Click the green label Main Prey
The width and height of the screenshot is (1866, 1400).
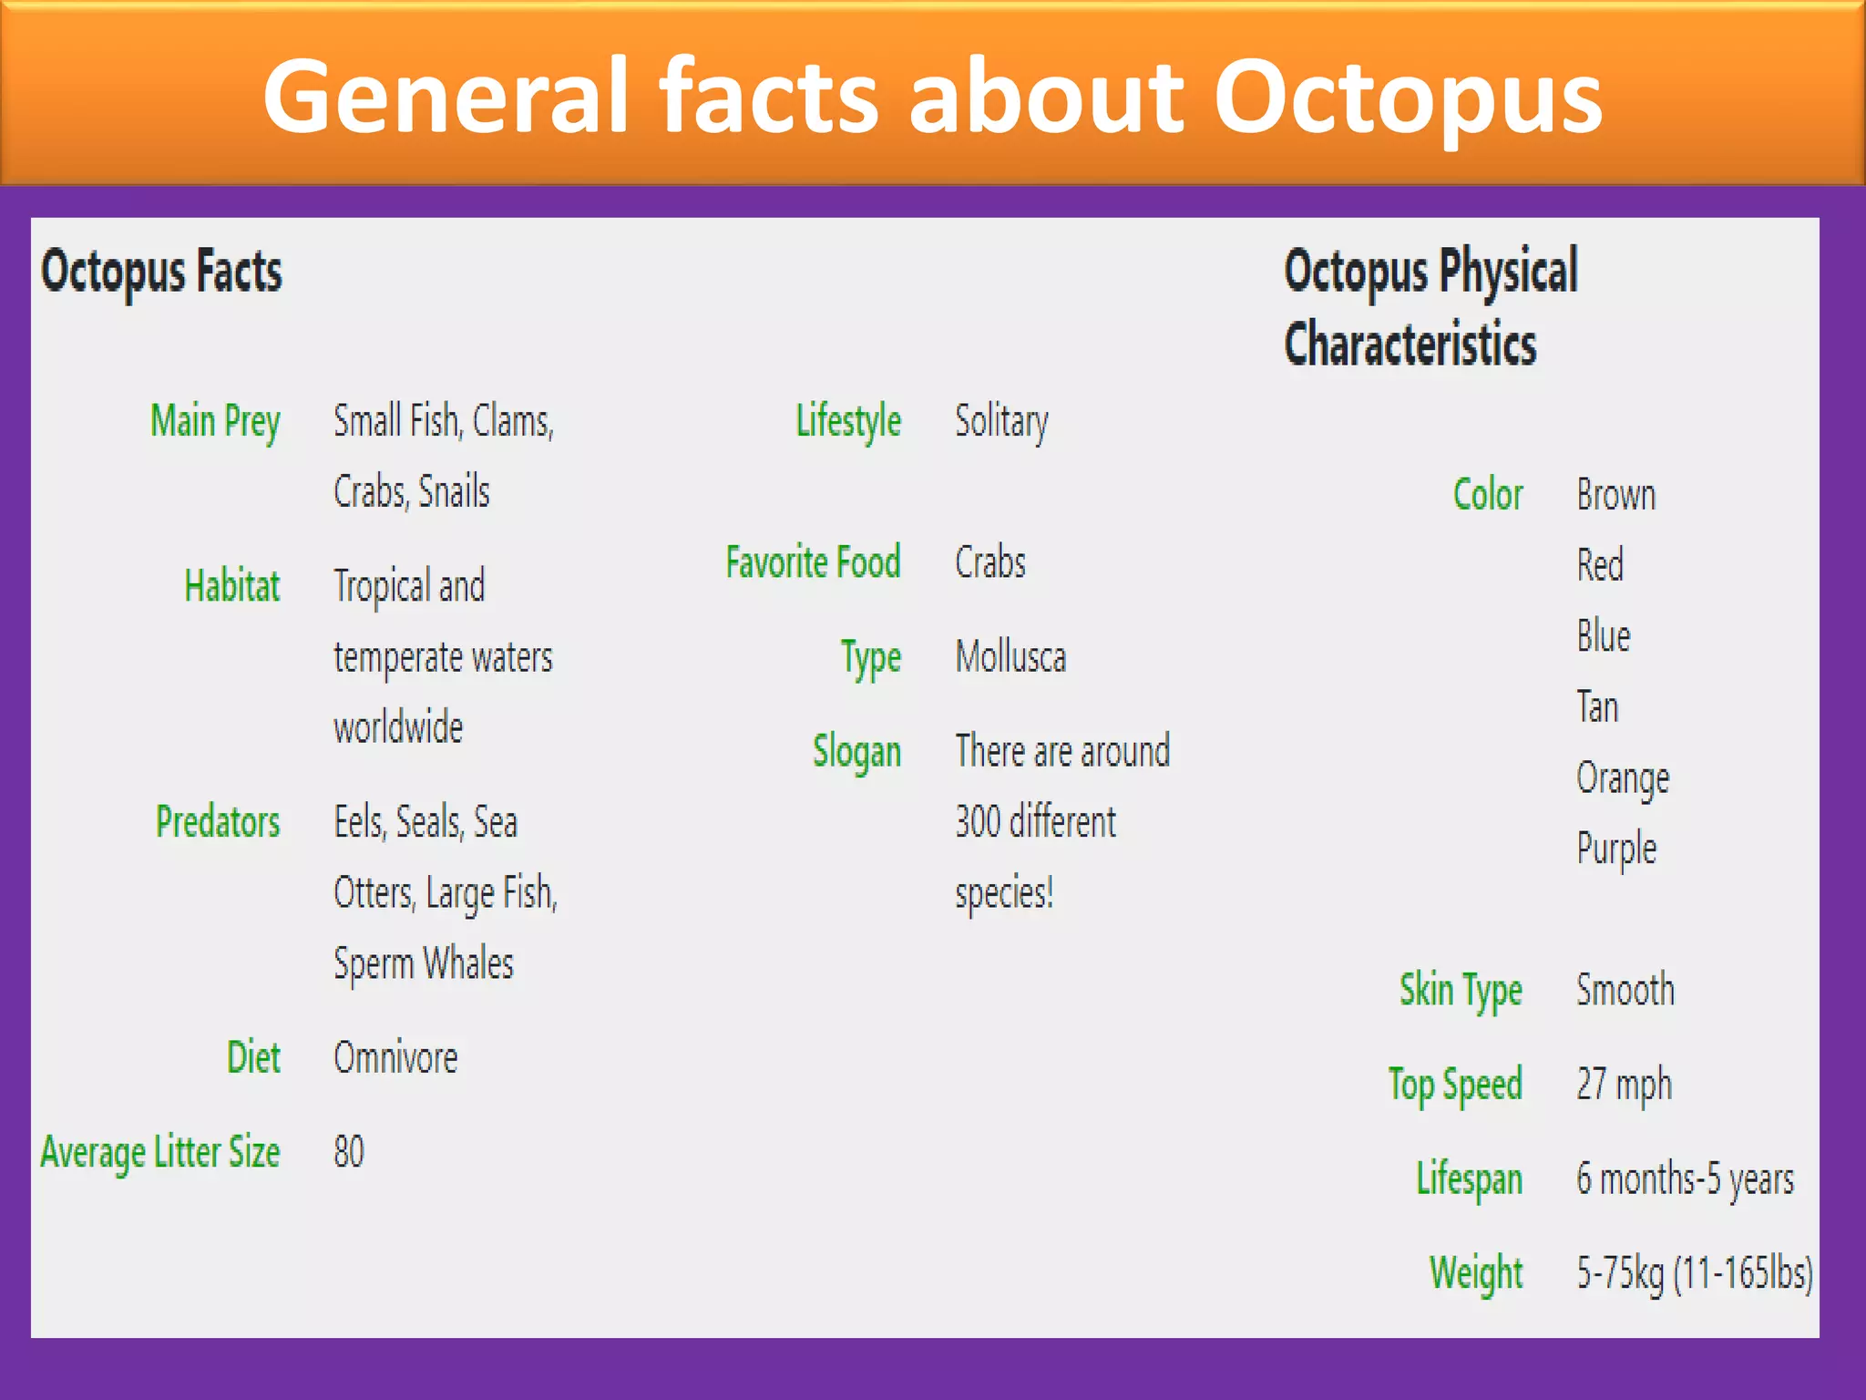(215, 422)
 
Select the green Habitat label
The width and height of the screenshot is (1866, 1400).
(231, 586)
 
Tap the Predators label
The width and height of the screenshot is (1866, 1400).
(218, 822)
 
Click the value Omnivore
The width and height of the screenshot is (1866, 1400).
(395, 1058)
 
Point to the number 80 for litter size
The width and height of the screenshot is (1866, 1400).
(348, 1152)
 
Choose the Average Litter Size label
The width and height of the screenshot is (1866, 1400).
(160, 1152)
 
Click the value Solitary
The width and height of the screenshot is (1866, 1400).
(1000, 422)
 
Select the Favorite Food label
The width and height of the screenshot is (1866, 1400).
(813, 562)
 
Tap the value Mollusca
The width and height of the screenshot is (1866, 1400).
(1010, 657)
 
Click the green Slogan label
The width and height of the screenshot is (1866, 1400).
(856, 752)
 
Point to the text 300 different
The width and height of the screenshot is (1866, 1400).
(1035, 822)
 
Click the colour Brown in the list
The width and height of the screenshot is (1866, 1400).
(1615, 495)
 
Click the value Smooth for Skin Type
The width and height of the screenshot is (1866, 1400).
(1625, 991)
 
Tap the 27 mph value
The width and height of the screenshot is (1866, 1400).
(1624, 1085)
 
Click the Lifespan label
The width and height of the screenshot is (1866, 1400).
(1469, 1179)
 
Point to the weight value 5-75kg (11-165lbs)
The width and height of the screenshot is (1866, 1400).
(1694, 1273)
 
